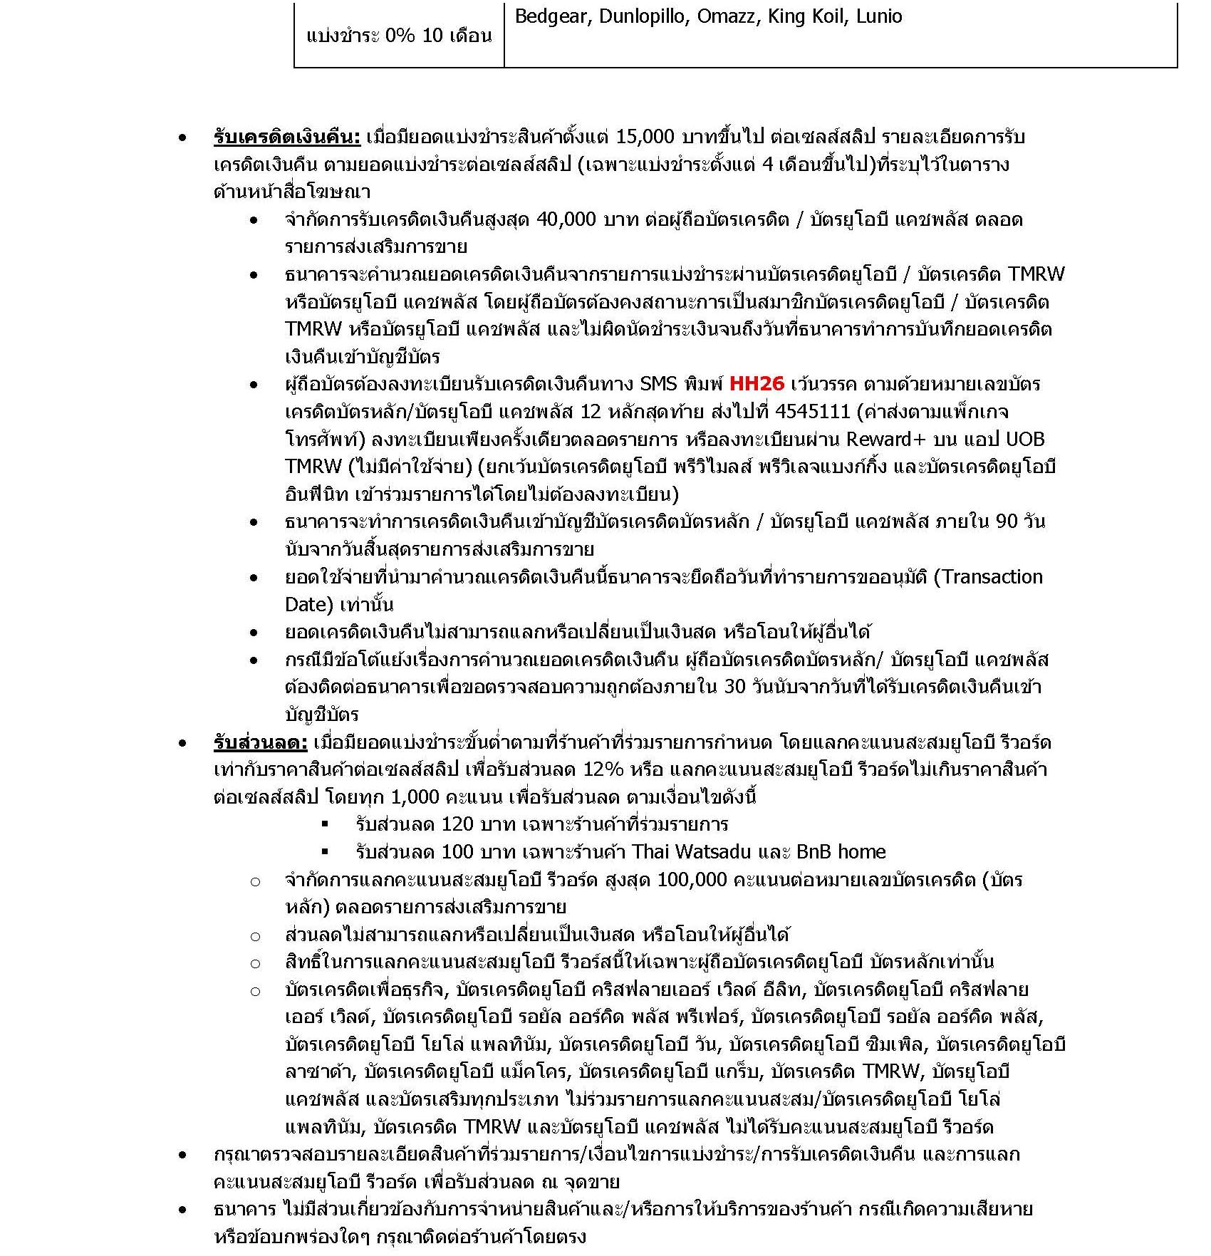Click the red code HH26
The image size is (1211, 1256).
coord(757,384)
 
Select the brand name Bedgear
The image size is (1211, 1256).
coord(551,16)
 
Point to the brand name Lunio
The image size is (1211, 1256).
coord(879,16)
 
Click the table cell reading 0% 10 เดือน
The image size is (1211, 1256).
coord(399,36)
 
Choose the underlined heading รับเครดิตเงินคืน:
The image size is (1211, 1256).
coord(287,137)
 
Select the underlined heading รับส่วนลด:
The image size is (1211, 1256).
coord(261,742)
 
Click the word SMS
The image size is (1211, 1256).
coord(659,384)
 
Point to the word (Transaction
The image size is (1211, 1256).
coord(987,576)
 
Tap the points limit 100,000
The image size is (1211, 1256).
coord(692,879)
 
